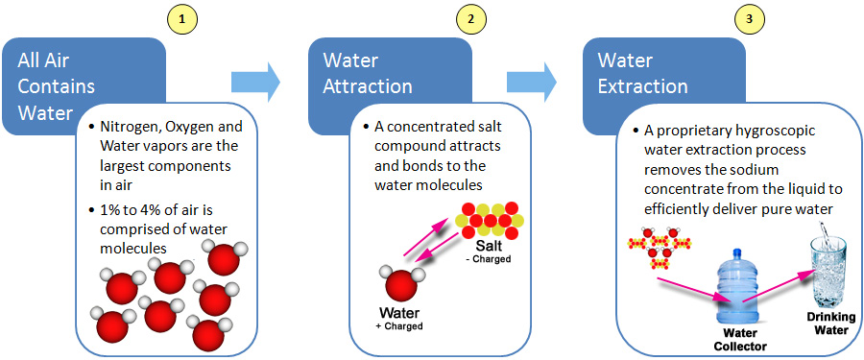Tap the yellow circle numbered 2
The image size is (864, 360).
coord(468,18)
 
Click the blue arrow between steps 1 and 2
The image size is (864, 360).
coord(253,82)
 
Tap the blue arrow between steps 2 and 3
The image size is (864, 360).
coord(534,82)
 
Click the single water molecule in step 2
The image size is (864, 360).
coord(401,284)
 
